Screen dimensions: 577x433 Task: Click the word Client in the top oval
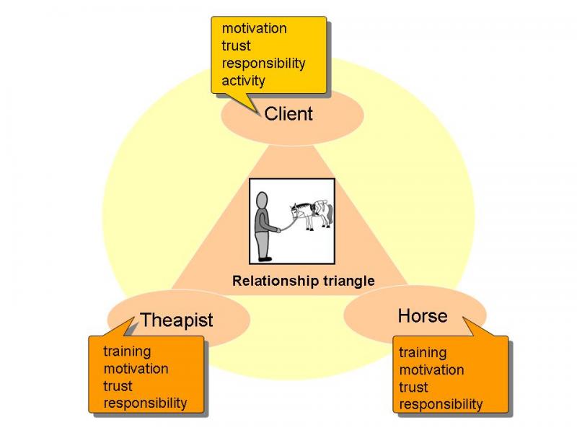(288, 113)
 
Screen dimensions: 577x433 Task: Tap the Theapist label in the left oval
(177, 320)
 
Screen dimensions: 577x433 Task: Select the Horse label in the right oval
(423, 316)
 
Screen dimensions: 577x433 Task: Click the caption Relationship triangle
(304, 281)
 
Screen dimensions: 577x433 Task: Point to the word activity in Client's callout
(243, 81)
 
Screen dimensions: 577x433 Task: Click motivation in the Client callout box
(255, 28)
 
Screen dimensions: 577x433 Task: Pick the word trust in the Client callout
(236, 45)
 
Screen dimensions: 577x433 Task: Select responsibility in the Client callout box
(263, 64)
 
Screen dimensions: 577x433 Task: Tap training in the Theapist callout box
(127, 351)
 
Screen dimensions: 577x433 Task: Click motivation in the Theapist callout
(136, 369)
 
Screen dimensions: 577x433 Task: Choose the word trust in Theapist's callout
(118, 386)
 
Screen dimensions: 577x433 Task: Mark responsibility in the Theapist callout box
(145, 403)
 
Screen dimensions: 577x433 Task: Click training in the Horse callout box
(423, 353)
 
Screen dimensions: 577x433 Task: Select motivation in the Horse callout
(431, 369)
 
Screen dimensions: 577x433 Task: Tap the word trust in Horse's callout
(413, 387)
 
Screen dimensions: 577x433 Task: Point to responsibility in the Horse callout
(441, 404)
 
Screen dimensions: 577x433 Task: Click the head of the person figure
(262, 201)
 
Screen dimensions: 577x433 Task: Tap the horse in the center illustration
(312, 214)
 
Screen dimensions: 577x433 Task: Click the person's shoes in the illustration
(265, 259)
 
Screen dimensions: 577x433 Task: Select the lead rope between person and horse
(288, 224)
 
